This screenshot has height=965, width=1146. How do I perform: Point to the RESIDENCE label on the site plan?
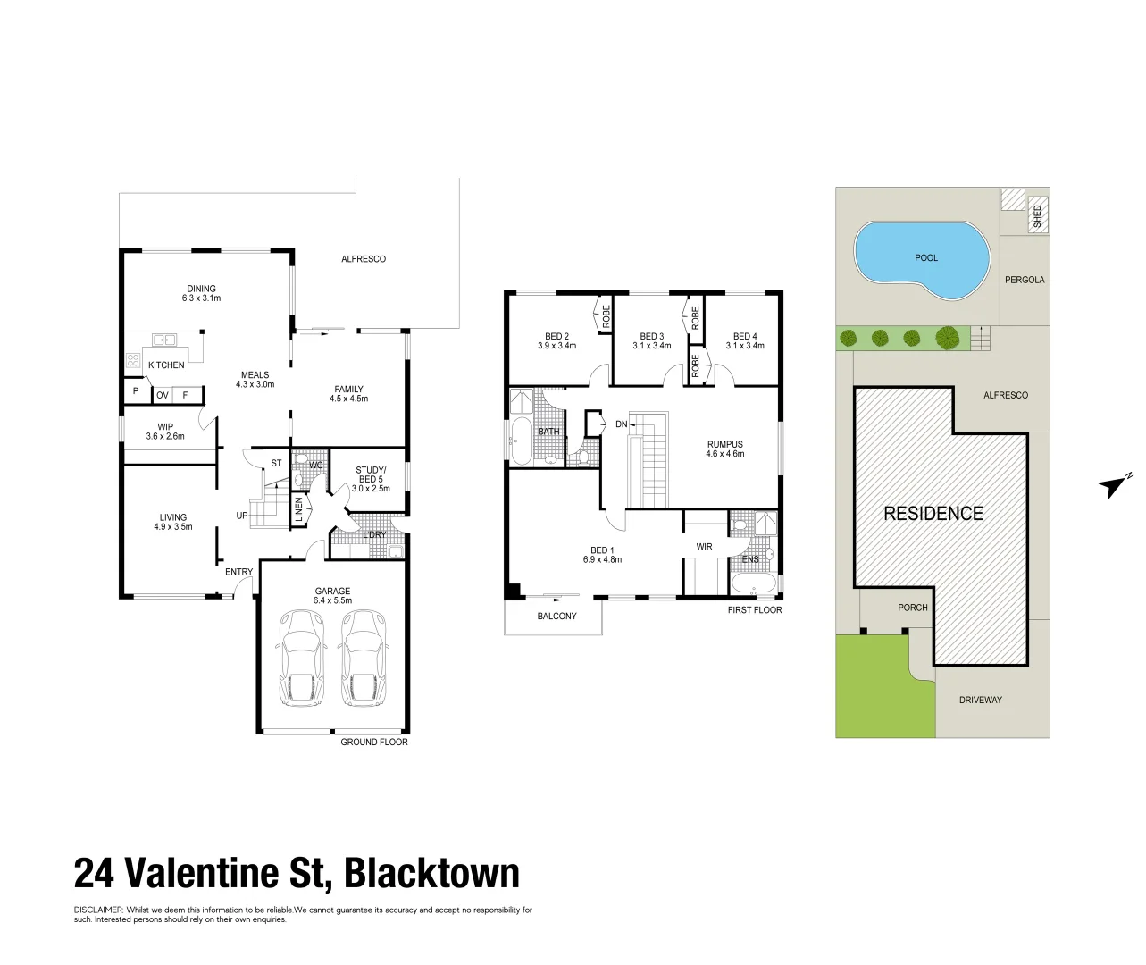point(933,514)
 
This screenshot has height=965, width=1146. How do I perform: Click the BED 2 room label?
point(554,337)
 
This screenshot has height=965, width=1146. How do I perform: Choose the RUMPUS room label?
point(724,445)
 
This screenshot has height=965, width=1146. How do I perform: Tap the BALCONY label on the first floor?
point(556,617)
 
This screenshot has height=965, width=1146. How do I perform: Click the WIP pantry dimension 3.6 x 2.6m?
point(164,437)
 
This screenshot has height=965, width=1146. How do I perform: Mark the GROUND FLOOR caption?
point(374,743)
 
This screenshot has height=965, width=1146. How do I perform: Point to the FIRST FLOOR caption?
point(755,610)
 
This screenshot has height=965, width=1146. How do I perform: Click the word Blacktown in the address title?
point(431,873)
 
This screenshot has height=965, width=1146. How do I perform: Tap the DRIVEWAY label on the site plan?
point(981,700)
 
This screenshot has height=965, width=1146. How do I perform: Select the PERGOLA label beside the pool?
point(1024,280)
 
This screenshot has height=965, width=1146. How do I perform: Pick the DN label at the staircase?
point(622,424)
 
